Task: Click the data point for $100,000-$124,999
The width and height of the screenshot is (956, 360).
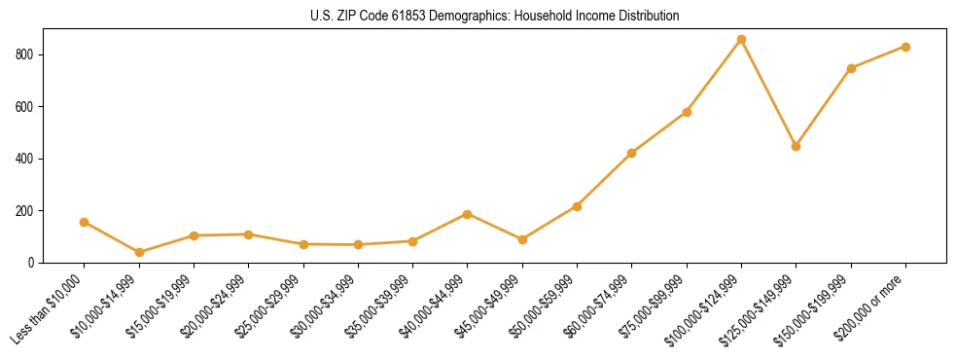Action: click(741, 40)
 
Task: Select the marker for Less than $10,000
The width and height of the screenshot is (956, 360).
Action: click(85, 222)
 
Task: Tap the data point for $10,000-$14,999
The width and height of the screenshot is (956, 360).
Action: click(139, 252)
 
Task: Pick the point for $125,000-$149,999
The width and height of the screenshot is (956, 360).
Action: click(796, 146)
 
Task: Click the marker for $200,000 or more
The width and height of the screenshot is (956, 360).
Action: click(905, 47)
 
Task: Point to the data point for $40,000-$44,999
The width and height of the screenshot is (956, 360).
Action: click(468, 214)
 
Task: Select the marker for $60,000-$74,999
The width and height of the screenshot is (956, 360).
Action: click(632, 153)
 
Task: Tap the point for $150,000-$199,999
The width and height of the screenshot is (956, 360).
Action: click(851, 68)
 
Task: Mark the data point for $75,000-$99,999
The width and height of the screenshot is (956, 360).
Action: click(687, 112)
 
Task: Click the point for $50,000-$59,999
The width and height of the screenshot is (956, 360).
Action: click(577, 206)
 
